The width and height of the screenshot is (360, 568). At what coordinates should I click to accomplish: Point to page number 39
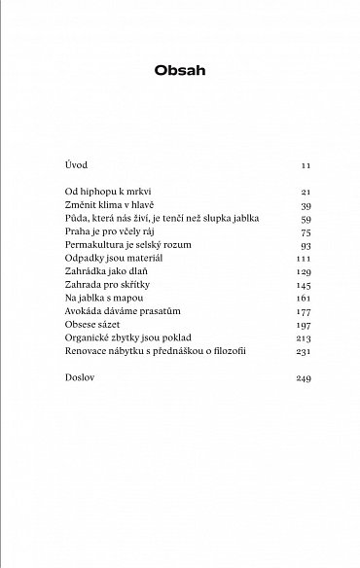pos(305,207)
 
